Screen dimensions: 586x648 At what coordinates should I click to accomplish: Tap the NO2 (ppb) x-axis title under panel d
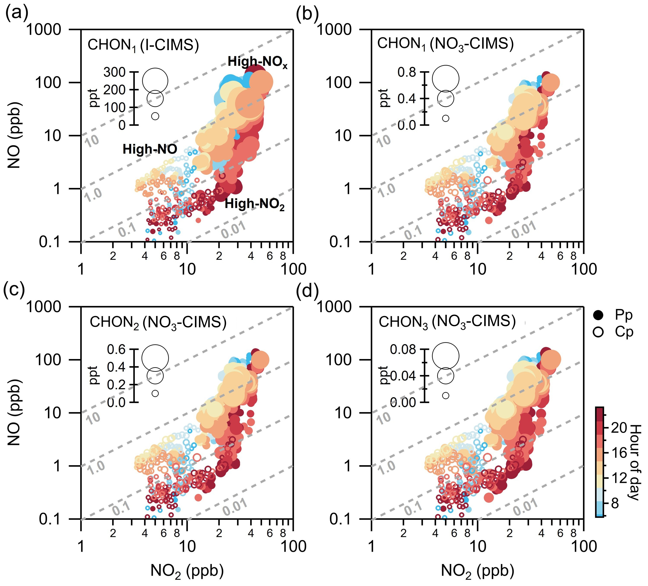pyautogui.click(x=477, y=571)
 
